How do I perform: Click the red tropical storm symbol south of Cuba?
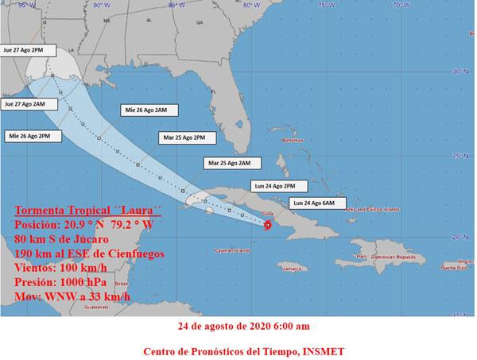(x=268, y=226)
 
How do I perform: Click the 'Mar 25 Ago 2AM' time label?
(x=228, y=163)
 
